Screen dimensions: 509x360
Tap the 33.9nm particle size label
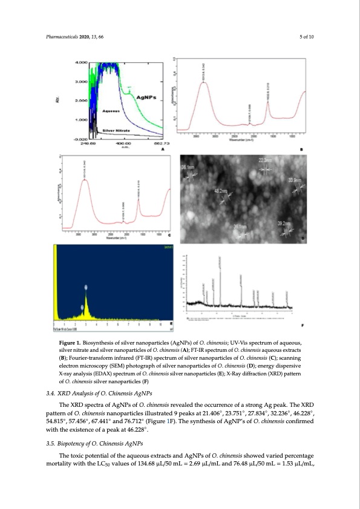295,181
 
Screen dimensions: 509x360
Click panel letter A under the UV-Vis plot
163,149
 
